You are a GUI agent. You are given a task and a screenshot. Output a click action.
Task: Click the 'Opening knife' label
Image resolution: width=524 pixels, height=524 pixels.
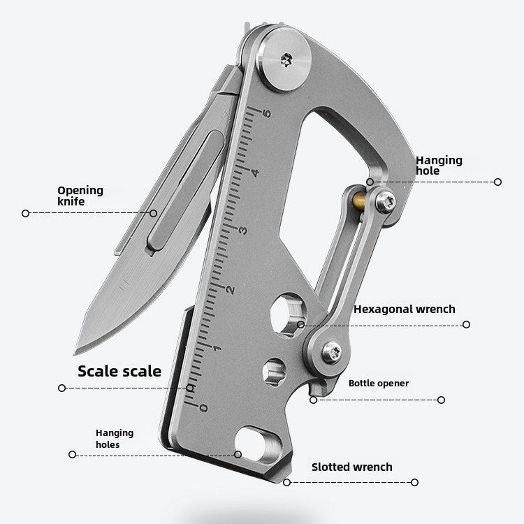[x=80, y=196]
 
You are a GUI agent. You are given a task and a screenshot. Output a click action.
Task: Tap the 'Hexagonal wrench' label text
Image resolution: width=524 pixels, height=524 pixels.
[x=404, y=309]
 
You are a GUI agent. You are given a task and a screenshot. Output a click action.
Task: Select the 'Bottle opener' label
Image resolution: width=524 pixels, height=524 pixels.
[x=379, y=383]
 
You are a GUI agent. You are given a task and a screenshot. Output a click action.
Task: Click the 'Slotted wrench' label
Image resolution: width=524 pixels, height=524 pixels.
[x=351, y=467]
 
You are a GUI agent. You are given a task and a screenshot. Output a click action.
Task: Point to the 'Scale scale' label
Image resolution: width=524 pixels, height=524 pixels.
[x=119, y=371]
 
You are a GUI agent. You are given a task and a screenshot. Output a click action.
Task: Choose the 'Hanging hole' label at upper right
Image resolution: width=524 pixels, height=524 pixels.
[x=439, y=166]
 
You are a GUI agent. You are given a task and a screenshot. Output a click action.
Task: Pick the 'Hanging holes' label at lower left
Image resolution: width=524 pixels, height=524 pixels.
[x=115, y=439]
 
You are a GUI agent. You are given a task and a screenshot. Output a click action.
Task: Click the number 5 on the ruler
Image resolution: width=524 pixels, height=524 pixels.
[x=268, y=113]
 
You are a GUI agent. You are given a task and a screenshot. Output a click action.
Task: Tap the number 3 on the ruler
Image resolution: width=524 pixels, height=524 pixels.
[x=242, y=230]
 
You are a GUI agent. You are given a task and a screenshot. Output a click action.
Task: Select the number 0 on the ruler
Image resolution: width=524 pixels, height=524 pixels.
[x=203, y=407]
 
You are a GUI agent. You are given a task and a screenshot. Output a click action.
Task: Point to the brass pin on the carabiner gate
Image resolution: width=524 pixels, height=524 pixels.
[x=356, y=201]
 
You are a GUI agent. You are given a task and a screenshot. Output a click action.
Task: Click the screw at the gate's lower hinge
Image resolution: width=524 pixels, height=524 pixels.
[x=333, y=352]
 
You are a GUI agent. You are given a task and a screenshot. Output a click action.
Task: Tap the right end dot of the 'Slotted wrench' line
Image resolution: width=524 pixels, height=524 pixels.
[x=414, y=482]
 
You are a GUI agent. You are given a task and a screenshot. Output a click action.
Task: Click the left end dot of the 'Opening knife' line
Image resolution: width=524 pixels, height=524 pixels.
[x=25, y=213]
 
